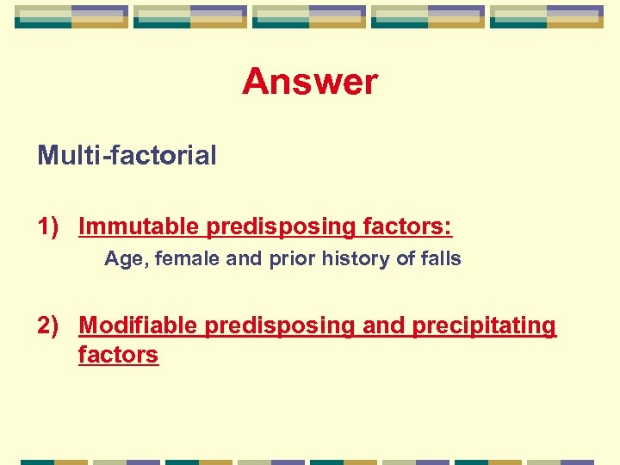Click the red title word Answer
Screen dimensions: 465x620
310,83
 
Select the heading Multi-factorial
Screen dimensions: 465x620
127,156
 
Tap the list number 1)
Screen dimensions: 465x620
48,226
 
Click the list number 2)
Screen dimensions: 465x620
48,325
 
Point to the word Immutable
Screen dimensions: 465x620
139,226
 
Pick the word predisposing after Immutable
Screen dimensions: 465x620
278,227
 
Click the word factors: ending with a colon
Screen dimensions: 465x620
407,226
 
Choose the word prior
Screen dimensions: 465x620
288,259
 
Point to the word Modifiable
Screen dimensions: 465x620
139,325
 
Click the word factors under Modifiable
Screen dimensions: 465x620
118,354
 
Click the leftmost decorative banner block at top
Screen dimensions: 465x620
71,16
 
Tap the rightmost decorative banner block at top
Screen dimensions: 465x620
547,16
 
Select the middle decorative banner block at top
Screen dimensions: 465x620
309,16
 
